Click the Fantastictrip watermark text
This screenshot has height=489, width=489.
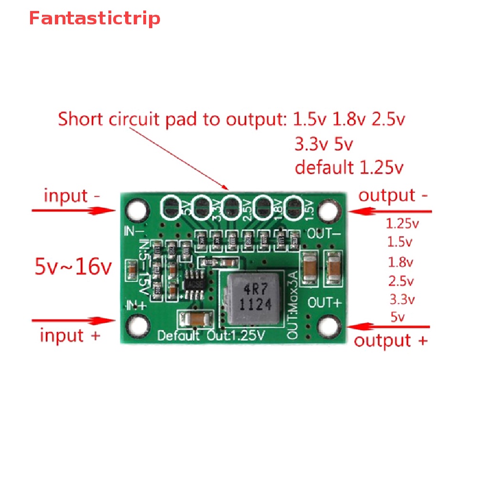pos(95,19)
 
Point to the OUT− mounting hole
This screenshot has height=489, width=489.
pos(328,210)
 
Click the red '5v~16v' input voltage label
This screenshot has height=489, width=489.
pos(73,267)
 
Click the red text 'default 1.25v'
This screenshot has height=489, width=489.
pos(349,168)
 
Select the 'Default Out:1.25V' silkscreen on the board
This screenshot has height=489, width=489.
pos(211,335)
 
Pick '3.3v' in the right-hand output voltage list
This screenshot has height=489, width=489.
pos(402,299)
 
